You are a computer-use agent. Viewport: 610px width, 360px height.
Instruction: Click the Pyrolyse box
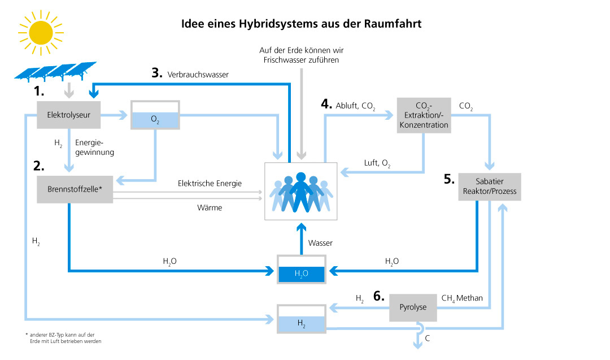412,307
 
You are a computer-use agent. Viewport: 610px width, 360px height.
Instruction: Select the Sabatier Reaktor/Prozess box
489,187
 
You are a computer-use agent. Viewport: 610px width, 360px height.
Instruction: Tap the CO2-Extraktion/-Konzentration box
424,115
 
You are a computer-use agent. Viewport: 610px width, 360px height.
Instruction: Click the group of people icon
301,192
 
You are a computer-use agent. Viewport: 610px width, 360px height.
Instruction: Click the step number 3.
156,73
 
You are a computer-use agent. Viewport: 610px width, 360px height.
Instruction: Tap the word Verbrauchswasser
198,74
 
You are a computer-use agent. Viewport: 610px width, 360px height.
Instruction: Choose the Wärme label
210,207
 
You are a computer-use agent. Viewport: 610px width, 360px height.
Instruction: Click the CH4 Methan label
462,297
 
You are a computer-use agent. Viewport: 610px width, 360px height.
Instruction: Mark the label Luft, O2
377,164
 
